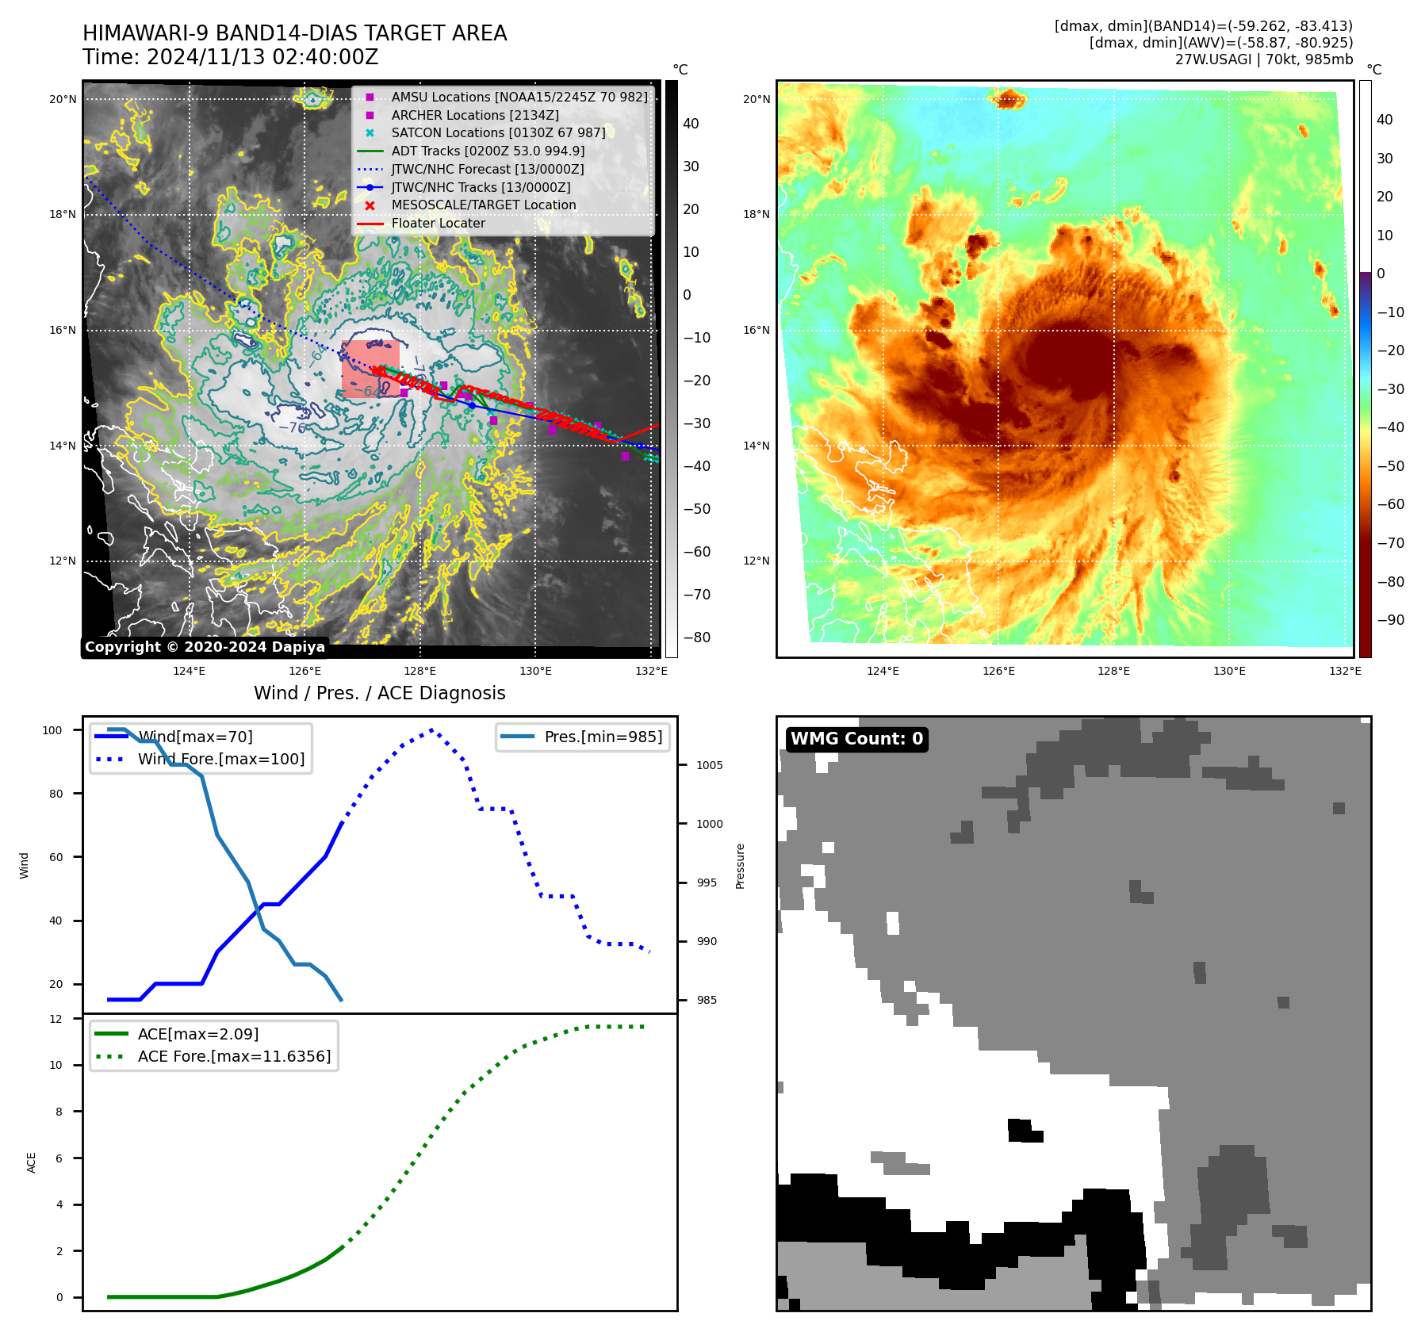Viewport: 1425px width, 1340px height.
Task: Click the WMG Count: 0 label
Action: (856, 739)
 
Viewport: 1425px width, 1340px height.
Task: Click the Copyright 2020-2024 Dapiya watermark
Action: (205, 647)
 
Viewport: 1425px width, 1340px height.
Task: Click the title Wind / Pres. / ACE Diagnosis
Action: (379, 693)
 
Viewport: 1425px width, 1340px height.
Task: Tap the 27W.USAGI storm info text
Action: (1263, 59)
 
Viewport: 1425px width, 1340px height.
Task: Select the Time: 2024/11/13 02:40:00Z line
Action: (230, 57)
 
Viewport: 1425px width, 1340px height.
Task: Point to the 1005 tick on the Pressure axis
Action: (709, 765)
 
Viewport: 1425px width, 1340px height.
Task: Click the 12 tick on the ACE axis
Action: (56, 1019)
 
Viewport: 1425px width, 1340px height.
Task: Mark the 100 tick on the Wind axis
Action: (52, 730)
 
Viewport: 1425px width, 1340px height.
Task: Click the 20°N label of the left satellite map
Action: (63, 99)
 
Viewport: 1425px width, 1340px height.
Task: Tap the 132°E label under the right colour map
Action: (1345, 671)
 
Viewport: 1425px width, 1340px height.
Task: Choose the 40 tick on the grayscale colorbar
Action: (691, 124)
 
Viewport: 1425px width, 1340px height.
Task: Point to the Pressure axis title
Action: (740, 866)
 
